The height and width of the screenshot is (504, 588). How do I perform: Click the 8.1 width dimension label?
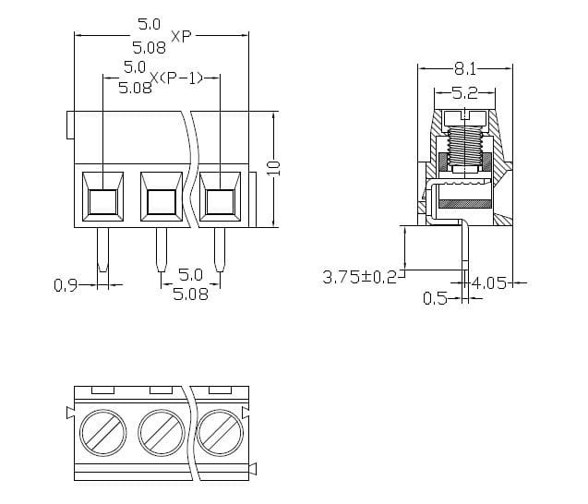[x=464, y=68]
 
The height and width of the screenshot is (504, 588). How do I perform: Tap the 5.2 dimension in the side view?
[x=464, y=92]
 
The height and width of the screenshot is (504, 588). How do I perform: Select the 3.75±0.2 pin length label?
[x=358, y=277]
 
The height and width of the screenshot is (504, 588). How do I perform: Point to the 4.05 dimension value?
[x=489, y=282]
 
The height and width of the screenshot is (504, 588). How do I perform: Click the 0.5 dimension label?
[x=435, y=298]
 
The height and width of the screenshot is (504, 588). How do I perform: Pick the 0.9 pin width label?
[x=66, y=285]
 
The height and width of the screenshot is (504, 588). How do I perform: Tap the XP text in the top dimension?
[x=181, y=37]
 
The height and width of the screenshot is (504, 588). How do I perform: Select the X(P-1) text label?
[x=174, y=78]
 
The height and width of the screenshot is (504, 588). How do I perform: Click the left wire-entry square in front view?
[x=102, y=200]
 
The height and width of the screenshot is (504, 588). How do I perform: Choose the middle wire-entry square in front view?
[x=161, y=200]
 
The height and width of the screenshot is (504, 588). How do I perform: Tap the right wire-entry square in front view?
[x=219, y=200]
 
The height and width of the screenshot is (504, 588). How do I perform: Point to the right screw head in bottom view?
[x=218, y=430]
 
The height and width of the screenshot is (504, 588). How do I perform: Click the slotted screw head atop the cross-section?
[x=464, y=118]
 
